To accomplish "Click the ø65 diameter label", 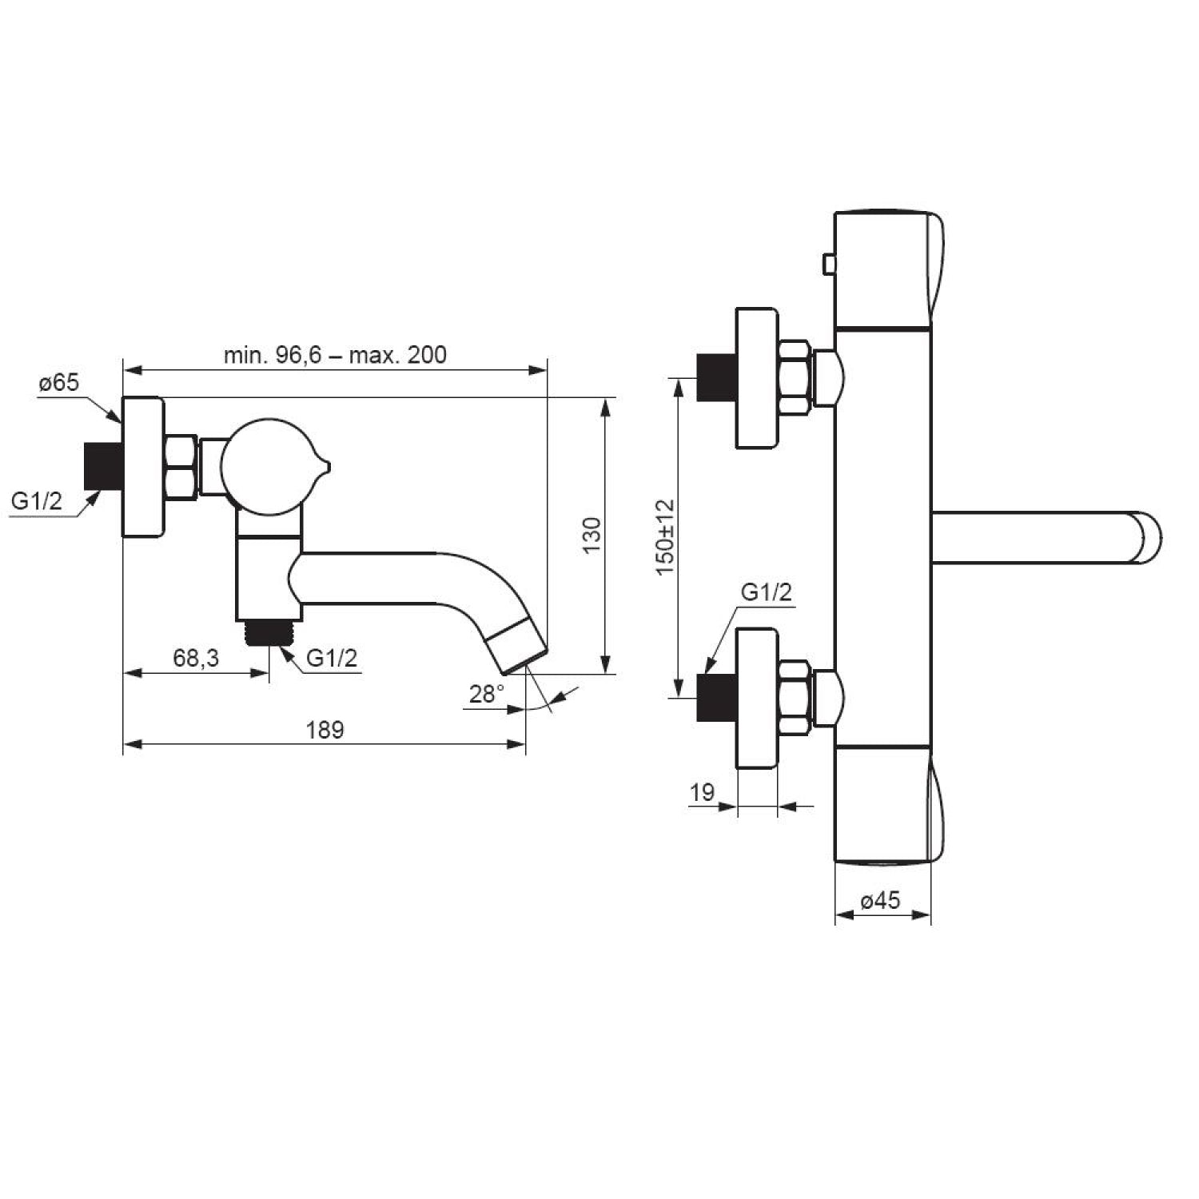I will click(x=59, y=383).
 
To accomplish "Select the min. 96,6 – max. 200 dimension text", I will click(x=335, y=354).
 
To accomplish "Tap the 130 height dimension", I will click(x=592, y=536).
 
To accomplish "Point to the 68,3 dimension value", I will click(x=196, y=659).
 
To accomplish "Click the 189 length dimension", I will click(x=325, y=730).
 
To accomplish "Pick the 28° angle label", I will click(x=487, y=694).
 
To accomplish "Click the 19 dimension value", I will click(x=702, y=792).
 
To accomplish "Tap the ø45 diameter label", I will click(x=881, y=901).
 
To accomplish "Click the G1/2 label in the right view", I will click(x=767, y=592).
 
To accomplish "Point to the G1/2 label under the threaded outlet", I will click(x=333, y=658).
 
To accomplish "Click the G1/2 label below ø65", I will click(x=37, y=502).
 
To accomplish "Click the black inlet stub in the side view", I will click(x=102, y=466).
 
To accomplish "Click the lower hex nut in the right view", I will click(x=795, y=697).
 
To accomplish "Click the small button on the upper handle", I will click(x=829, y=262).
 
